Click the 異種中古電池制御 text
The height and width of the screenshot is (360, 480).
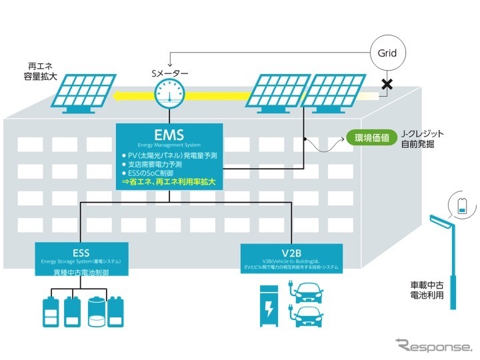81,273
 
